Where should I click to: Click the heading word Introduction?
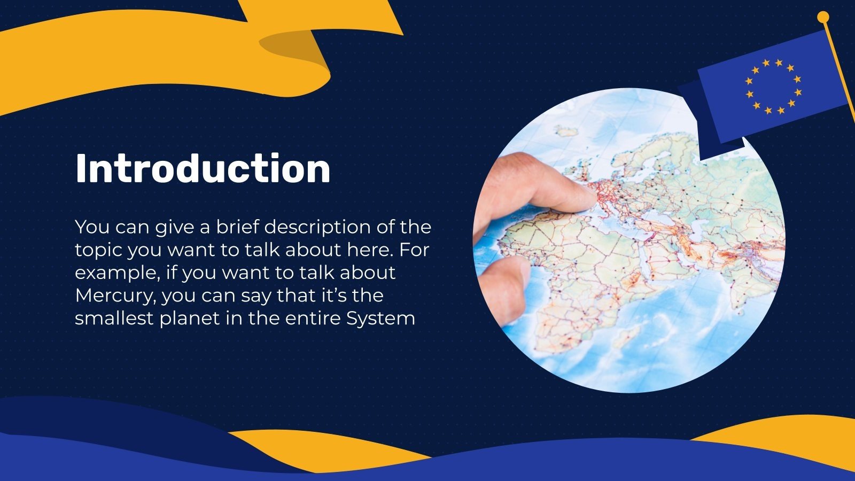(x=203, y=169)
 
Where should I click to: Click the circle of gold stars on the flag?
(x=773, y=87)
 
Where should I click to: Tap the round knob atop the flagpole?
(x=823, y=18)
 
